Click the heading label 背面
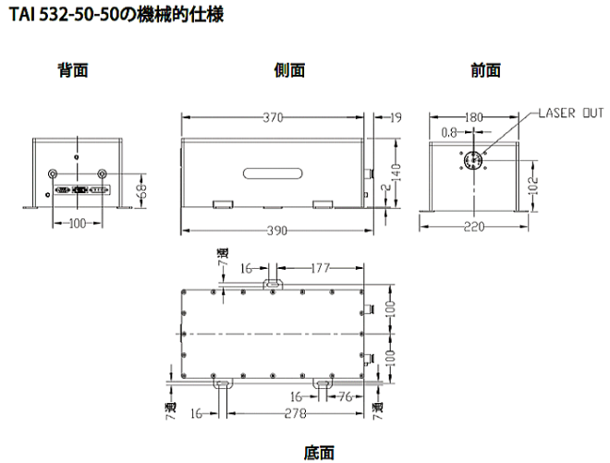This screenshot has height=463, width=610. [x=73, y=70]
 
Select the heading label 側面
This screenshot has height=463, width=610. [x=289, y=70]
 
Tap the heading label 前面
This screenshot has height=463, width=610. [x=485, y=70]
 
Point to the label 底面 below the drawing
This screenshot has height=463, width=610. [x=319, y=452]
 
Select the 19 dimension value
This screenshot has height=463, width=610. [x=396, y=116]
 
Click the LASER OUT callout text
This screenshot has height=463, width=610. [x=571, y=114]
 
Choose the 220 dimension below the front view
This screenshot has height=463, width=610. [x=474, y=225]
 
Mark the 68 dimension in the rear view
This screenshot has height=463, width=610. [x=141, y=189]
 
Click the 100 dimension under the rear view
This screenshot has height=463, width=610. [x=77, y=223]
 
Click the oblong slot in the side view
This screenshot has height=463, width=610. [x=270, y=171]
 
